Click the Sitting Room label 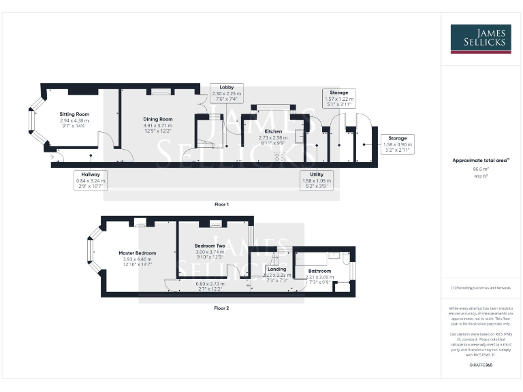[x=74, y=114]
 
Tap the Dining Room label [x=158, y=119]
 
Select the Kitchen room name [x=272, y=131]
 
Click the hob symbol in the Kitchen [x=279, y=157]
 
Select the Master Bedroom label [x=133, y=252]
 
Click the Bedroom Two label [x=210, y=245]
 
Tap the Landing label [x=276, y=269]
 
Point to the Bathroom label [x=319, y=271]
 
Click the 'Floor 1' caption [x=221, y=204]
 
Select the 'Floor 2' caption [x=221, y=308]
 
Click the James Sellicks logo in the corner [x=481, y=39]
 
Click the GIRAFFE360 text [x=481, y=365]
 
